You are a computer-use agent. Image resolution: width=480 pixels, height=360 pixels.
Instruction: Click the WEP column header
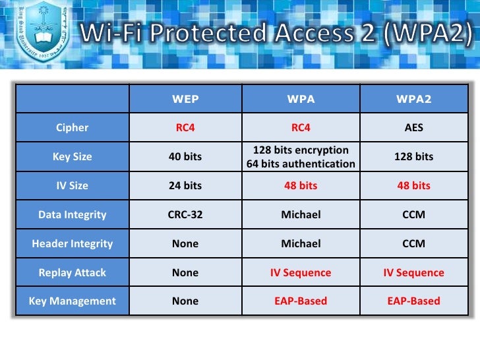click(x=185, y=100)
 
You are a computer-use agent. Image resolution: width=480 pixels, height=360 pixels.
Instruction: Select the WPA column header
click(x=301, y=100)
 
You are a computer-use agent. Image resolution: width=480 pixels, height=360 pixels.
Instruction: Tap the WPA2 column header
click(x=413, y=100)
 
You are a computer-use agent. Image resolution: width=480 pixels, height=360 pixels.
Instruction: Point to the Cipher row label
click(x=73, y=128)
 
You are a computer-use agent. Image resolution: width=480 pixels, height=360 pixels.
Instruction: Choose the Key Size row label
click(x=73, y=157)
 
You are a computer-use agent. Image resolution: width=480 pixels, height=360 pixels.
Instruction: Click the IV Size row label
click(x=73, y=186)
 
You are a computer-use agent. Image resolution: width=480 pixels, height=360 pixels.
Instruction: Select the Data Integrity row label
click(x=73, y=214)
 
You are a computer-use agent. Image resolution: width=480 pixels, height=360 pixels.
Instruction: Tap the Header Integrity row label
click(x=73, y=243)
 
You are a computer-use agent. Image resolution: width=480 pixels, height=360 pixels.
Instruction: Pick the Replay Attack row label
click(x=73, y=272)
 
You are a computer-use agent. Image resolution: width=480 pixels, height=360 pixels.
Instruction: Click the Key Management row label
click(x=73, y=301)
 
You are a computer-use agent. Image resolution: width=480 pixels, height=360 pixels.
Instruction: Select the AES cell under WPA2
click(x=413, y=128)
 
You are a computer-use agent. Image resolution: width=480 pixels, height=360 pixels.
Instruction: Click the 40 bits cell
click(x=185, y=157)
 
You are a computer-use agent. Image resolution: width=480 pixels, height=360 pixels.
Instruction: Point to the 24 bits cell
click(x=185, y=186)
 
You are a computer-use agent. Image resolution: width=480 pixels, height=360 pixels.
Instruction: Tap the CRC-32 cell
click(x=185, y=214)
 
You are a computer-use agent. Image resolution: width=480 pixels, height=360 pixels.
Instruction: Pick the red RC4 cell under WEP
click(x=185, y=128)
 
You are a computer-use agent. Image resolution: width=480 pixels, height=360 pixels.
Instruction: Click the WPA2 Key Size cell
click(x=413, y=157)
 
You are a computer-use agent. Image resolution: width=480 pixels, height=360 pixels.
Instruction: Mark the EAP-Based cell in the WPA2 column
click(x=413, y=301)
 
